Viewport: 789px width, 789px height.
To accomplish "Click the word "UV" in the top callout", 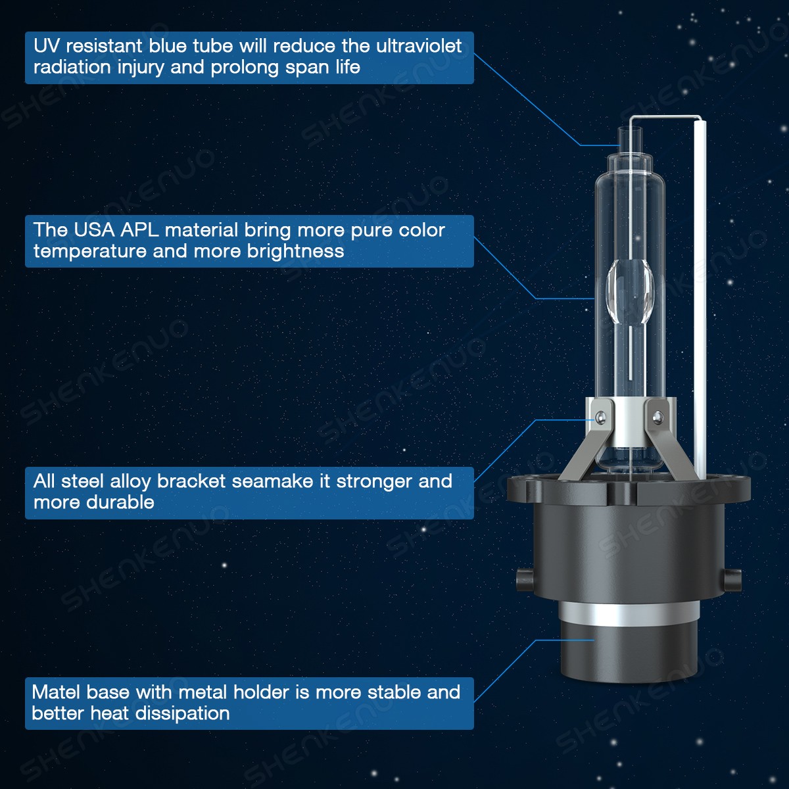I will pos(47,46).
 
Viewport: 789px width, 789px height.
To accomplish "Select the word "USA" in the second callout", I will pos(94,230).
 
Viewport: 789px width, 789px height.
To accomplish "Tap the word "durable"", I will pos(124,502).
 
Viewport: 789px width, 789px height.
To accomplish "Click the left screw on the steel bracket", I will pos(600,417).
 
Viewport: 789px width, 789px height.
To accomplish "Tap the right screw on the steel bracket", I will pos(656,416).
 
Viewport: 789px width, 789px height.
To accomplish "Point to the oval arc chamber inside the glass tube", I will pos(630,293).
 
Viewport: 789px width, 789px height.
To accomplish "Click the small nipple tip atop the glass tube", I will pos(629,137).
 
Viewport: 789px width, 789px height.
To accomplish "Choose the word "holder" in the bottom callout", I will pos(262,692).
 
